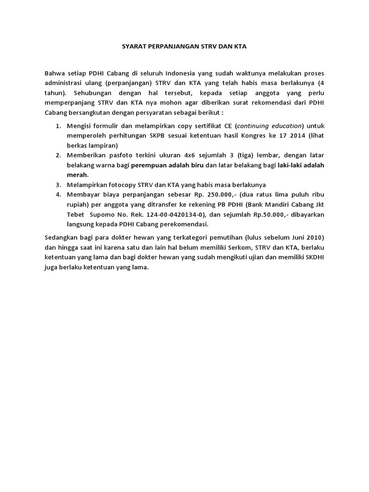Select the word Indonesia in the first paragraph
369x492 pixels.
point(181,74)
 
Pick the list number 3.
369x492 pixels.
point(58,184)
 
